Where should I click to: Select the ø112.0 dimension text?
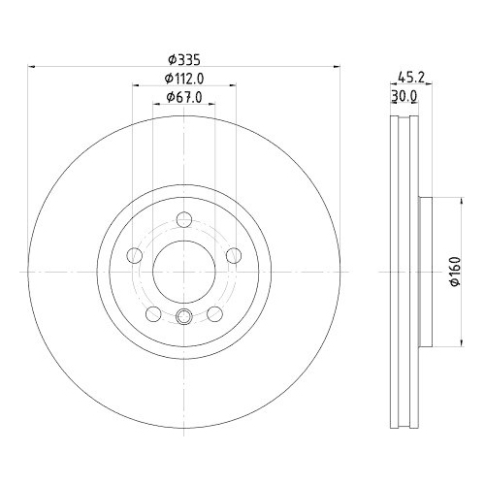click(183, 78)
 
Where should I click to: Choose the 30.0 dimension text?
click(404, 97)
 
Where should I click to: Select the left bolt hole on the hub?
click(135, 256)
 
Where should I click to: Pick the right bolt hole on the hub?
click(233, 256)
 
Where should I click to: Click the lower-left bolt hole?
click(153, 313)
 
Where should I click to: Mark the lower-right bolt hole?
click(213, 313)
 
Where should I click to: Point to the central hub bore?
click(183, 272)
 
